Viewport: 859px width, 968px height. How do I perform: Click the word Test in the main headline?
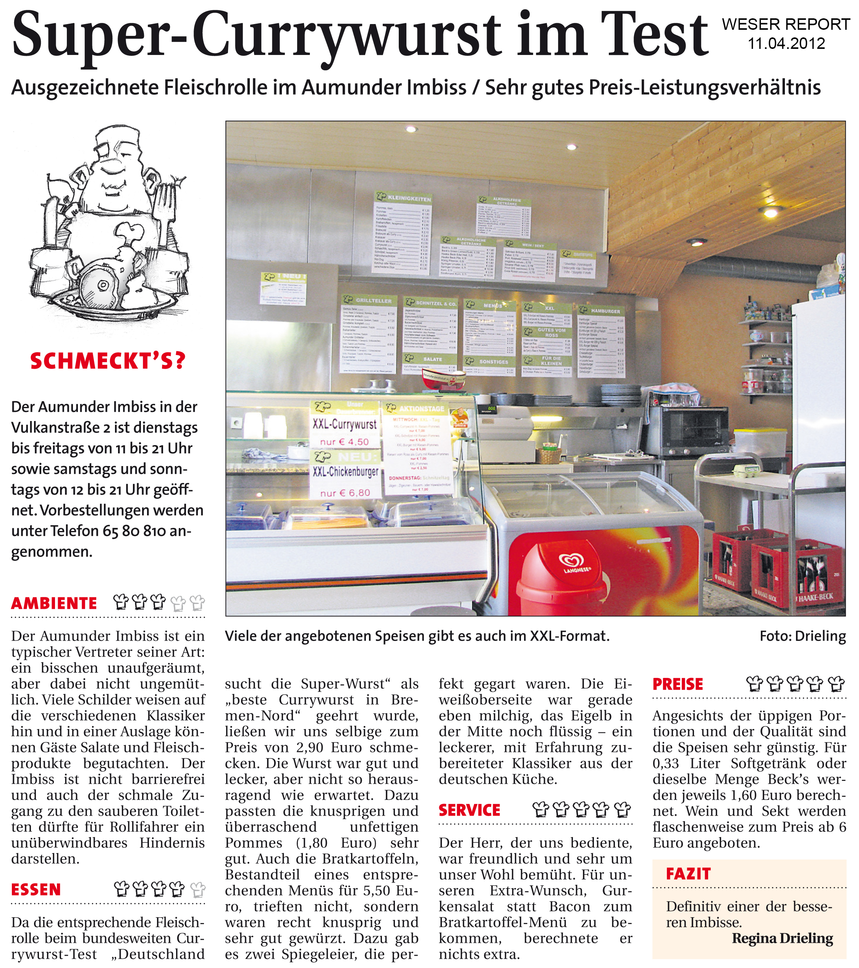(x=654, y=35)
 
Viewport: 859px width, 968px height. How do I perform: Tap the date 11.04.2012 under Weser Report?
(x=786, y=44)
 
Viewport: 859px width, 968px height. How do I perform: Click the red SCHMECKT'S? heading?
(x=108, y=361)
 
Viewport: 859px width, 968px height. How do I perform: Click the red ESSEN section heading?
(x=36, y=889)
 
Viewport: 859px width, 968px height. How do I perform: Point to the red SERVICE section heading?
(x=469, y=810)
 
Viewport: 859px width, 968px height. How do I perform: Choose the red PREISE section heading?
(x=678, y=684)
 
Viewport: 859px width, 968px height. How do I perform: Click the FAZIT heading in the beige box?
(x=688, y=874)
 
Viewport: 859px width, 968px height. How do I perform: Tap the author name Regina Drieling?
(x=782, y=938)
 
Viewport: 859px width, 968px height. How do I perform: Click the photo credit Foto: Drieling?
(x=802, y=636)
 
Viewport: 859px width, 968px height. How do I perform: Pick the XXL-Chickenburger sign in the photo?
(x=345, y=472)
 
